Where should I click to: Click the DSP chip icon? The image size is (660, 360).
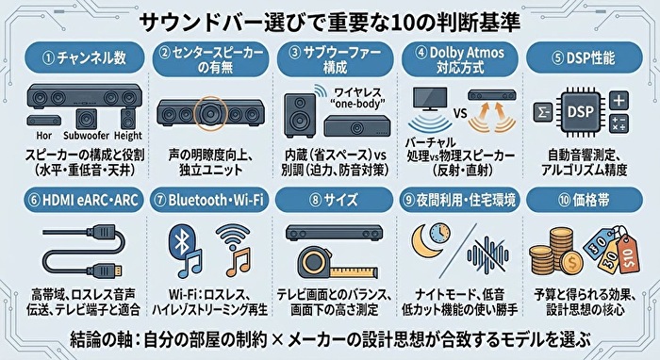581,112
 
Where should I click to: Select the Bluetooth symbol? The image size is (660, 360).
182,242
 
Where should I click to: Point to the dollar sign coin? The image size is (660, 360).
571,263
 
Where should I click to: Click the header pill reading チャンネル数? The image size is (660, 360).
85,57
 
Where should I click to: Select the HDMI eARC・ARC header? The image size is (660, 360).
84,200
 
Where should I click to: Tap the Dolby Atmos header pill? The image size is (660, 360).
460,58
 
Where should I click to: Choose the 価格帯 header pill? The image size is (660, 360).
585,200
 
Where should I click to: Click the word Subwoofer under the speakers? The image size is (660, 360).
86,136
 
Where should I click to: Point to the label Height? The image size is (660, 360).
128,136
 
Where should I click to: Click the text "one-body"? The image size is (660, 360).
357,104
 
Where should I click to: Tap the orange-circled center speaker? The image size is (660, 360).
210,113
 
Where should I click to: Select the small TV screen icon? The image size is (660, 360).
430,99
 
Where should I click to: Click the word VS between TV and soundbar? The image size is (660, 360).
460,113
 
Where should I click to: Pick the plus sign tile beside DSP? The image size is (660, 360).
619,101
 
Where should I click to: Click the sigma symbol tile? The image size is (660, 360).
543,112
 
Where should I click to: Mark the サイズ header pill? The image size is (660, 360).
335,200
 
